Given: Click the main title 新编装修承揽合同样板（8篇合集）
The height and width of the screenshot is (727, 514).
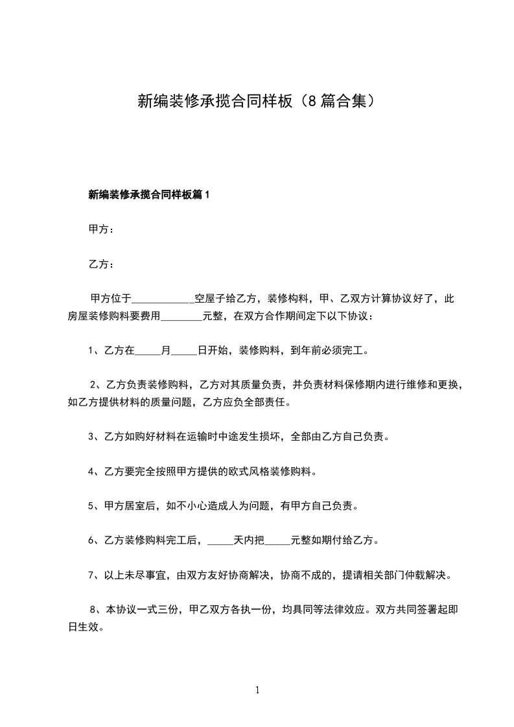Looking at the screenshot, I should point(257,101).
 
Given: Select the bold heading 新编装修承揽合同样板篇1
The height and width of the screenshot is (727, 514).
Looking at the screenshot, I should point(149,194).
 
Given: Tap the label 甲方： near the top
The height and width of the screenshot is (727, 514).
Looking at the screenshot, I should point(102,229).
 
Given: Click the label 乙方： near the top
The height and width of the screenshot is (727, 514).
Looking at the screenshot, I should point(102,264).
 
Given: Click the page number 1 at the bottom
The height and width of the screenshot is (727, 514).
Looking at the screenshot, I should point(257,690).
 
